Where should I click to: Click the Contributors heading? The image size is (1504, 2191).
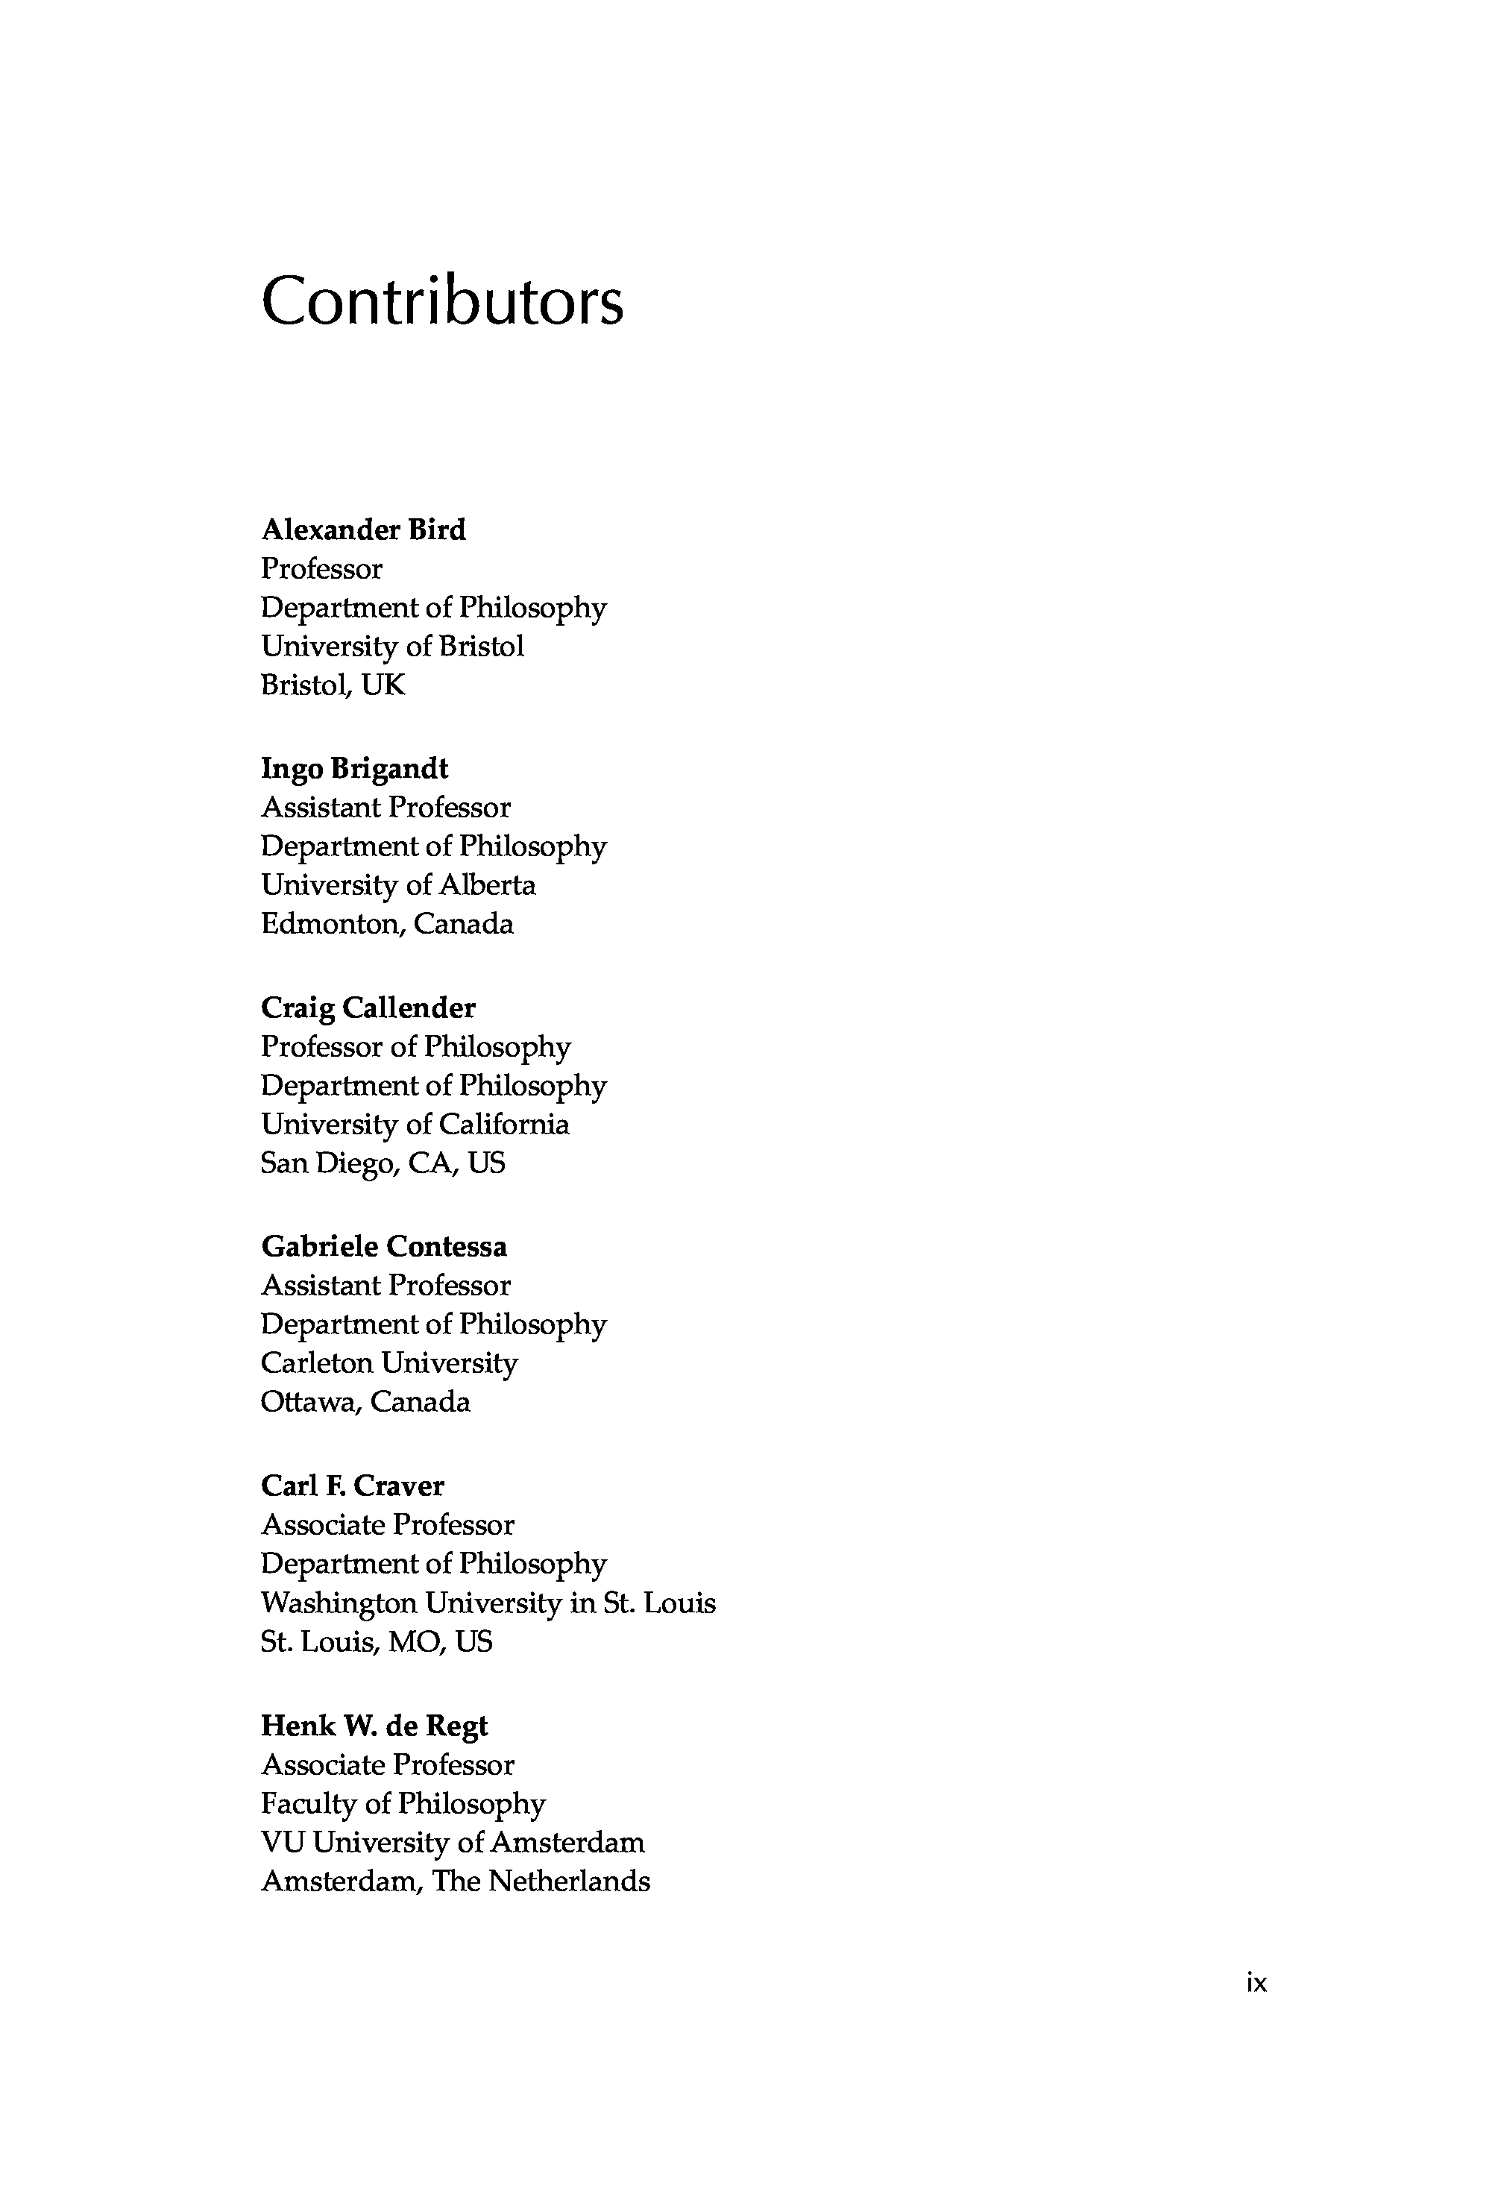pos(441,302)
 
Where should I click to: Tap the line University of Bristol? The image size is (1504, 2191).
pos(392,647)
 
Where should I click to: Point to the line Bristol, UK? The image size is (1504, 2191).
pos(333,685)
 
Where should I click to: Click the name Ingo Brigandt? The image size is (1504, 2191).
pos(354,770)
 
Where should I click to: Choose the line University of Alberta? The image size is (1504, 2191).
pos(398,885)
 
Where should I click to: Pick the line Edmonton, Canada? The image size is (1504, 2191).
pos(386,924)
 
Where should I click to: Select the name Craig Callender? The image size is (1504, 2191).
pos(368,1009)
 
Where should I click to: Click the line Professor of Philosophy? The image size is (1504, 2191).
pos(416,1048)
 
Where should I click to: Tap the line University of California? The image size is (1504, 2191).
pos(415,1125)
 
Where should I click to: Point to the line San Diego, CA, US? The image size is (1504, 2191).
pos(383,1163)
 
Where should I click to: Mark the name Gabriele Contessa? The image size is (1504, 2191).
pos(384,1248)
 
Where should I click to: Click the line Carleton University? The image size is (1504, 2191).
pos(389,1363)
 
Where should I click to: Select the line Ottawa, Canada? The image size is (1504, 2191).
pos(365,1402)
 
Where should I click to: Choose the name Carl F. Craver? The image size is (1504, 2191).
pos(353,1487)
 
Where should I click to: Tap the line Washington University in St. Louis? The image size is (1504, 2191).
pos(488,1603)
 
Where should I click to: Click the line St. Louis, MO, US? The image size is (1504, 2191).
pos(377,1642)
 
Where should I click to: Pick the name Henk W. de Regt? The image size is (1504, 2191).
pos(374,1726)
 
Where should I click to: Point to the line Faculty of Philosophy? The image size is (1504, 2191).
pos(403,1803)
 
